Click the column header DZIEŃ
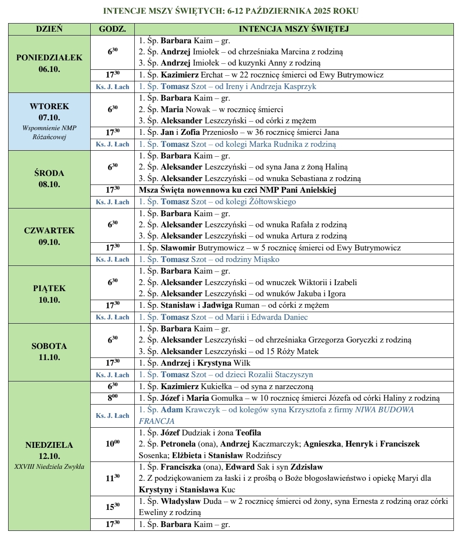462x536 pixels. click(49, 29)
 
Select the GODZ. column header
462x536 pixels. click(113, 29)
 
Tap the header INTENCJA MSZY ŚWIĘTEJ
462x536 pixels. click(293, 29)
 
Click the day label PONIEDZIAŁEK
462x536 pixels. click(49, 58)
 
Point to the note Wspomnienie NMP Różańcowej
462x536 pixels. click(49, 133)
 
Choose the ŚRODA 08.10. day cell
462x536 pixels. click(49, 179)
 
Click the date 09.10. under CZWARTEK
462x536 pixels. click(49, 242)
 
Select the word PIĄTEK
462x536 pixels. click(49, 289)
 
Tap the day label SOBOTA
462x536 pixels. click(49, 346)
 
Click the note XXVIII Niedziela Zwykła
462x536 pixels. click(49, 467)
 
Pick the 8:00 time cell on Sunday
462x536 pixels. click(113, 398)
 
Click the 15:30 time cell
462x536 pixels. click(113, 507)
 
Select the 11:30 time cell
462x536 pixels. click(113, 478)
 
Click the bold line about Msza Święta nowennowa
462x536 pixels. click(238, 190)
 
